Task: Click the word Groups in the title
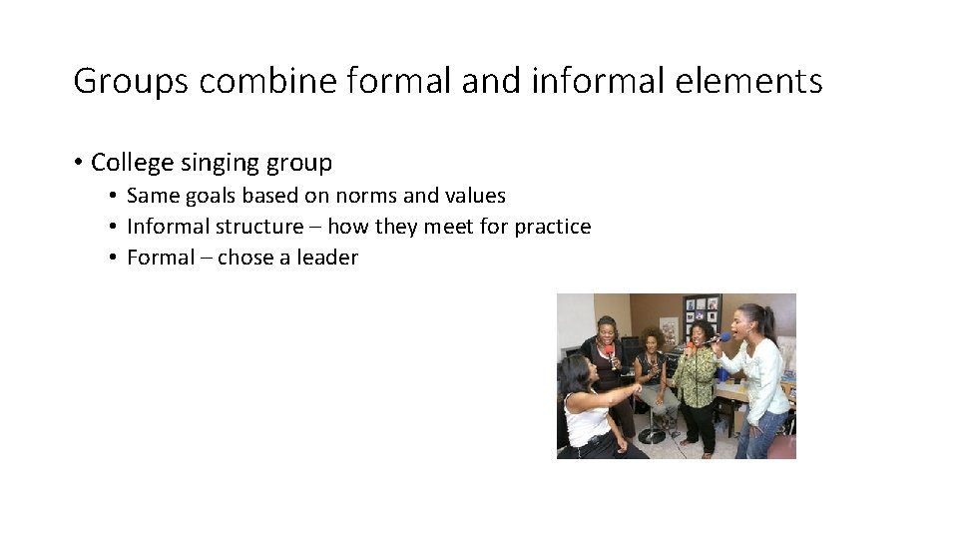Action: pos(130,81)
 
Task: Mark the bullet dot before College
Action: pos(77,163)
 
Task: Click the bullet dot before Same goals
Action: pos(115,196)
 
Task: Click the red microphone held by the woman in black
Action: pos(608,352)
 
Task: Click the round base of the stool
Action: pos(653,435)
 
